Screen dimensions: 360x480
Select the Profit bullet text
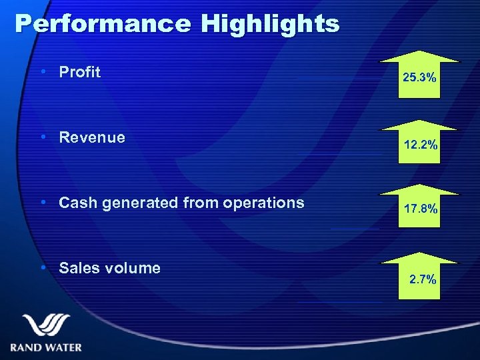coord(80,72)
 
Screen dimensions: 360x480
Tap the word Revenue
coord(92,137)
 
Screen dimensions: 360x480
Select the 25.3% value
coord(419,79)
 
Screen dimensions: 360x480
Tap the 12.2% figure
coord(419,144)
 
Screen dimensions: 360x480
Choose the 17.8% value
coord(419,209)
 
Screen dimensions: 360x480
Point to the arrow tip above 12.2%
coord(419,119)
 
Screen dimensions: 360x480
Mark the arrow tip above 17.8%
coord(419,185)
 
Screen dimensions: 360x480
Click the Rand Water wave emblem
coord(46,326)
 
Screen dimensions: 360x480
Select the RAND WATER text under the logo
coord(46,347)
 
